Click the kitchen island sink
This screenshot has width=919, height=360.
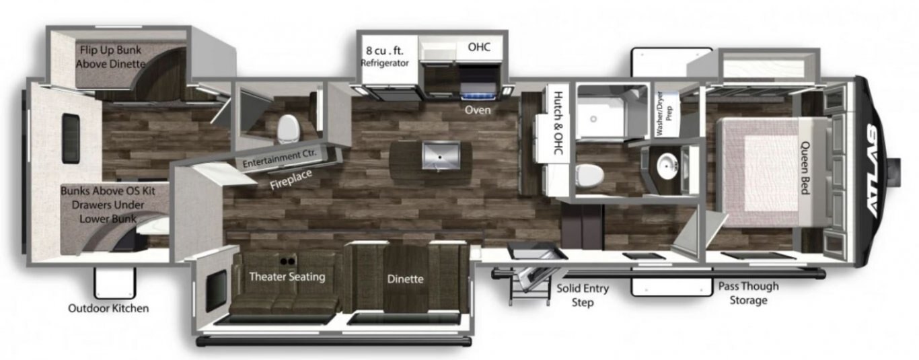coord(441,155)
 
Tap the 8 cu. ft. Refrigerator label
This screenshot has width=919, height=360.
coord(385,57)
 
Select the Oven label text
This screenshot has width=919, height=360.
coord(478,110)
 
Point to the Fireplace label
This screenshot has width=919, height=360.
coord(291,180)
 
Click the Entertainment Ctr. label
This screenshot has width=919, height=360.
coord(279,158)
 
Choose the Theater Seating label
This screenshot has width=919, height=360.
coord(287,277)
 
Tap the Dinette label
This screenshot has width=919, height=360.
coord(406,279)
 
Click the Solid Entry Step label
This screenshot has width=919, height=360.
coord(583,295)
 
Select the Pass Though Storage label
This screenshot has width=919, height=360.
coord(748,293)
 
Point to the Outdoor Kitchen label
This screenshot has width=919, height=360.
coord(108,308)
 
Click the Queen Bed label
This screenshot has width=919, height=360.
coord(805,168)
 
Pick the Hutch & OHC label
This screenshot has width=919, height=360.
coord(558,123)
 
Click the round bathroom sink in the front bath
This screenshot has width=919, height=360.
coord(667,166)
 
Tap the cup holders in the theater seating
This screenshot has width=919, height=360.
coord(287,261)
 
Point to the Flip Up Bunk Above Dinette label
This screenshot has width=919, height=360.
coord(111,57)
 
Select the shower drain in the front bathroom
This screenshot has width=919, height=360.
coord(593,119)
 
